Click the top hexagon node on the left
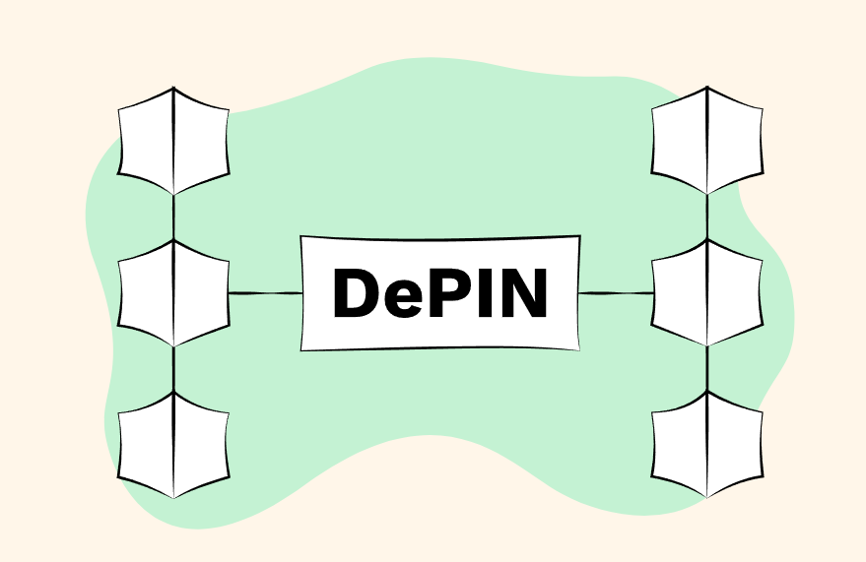173,141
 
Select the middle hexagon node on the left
173,293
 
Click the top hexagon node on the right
707,141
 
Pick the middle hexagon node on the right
707,293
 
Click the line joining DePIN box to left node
264,293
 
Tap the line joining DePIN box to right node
616,293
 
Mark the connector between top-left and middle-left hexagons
173,217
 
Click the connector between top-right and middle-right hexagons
707,217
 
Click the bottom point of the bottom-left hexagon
173,498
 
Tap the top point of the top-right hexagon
707,88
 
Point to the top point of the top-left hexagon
173,88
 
